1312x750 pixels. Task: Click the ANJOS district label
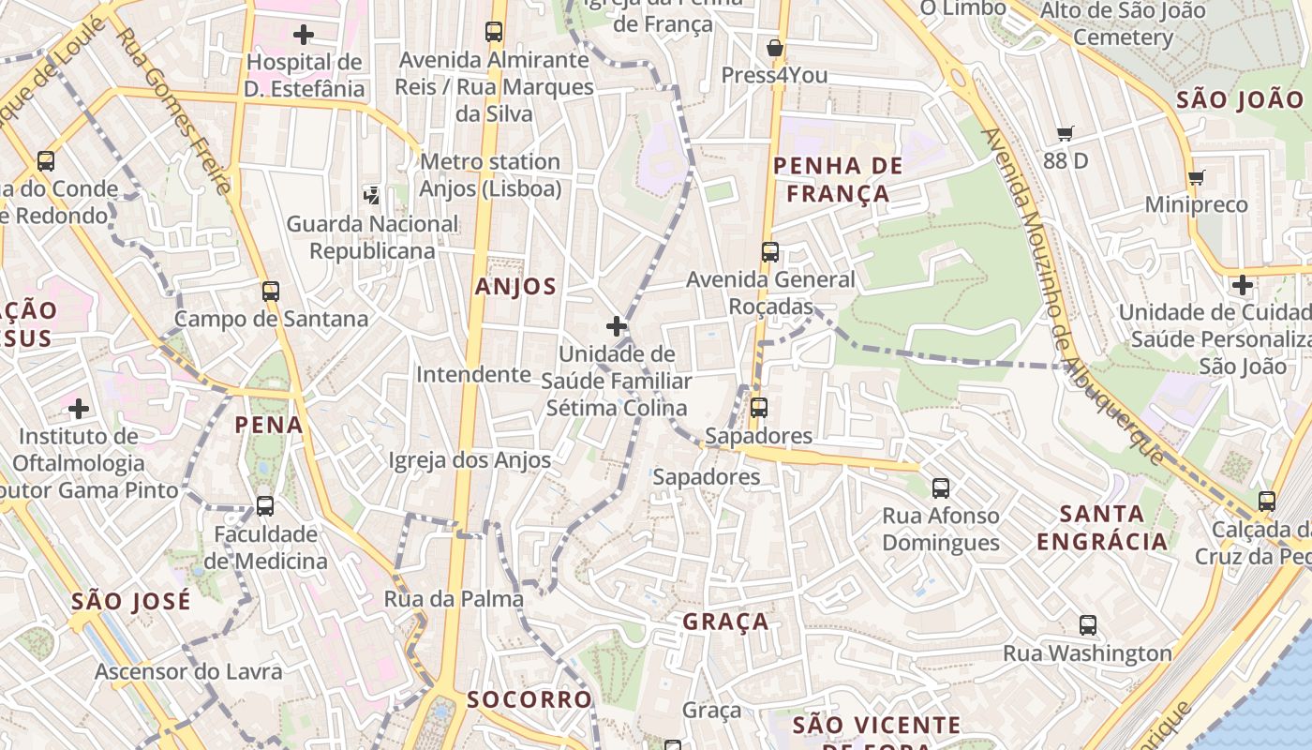coord(515,287)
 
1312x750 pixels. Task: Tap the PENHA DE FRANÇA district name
coord(838,180)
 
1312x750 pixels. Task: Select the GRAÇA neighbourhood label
coord(725,622)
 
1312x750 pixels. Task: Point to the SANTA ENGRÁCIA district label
coord(1102,527)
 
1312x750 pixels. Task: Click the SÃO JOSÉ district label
coord(130,601)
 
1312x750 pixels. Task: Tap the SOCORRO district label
coord(529,699)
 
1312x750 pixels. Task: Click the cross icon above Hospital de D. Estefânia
coord(303,36)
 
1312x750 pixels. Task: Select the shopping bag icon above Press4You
coord(774,48)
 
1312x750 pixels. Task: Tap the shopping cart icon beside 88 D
coord(1065,134)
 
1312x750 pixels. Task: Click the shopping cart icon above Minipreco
coord(1196,177)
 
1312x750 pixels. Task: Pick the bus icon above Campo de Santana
coord(271,292)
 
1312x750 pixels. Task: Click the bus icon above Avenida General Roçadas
coord(769,252)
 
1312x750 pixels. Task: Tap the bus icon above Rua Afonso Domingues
coord(941,488)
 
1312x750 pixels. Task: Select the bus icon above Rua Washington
coord(1087,625)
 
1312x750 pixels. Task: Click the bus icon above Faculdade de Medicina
coord(265,506)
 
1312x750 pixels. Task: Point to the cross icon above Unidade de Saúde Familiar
coord(616,326)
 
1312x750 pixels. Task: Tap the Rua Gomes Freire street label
coord(174,111)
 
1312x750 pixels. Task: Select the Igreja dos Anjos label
coord(470,460)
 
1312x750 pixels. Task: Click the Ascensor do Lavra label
coord(188,671)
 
